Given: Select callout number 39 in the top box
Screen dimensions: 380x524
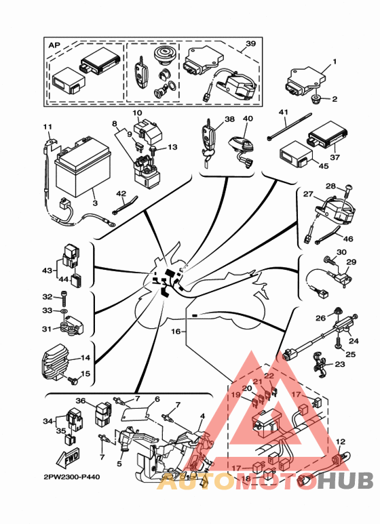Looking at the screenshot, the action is tap(250, 44).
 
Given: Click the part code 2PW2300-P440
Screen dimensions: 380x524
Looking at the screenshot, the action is tap(71, 477).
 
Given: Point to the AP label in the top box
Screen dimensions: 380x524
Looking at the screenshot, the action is tap(54, 45).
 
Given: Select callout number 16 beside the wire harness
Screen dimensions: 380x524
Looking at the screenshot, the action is tap(176, 332).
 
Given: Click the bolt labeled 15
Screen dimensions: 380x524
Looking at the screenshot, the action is tap(73, 380).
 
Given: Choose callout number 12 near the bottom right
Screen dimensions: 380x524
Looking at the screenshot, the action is tap(340, 442).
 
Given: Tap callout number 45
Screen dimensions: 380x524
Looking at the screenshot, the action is tap(324, 165).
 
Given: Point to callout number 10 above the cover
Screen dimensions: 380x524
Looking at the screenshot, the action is tap(138, 113).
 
